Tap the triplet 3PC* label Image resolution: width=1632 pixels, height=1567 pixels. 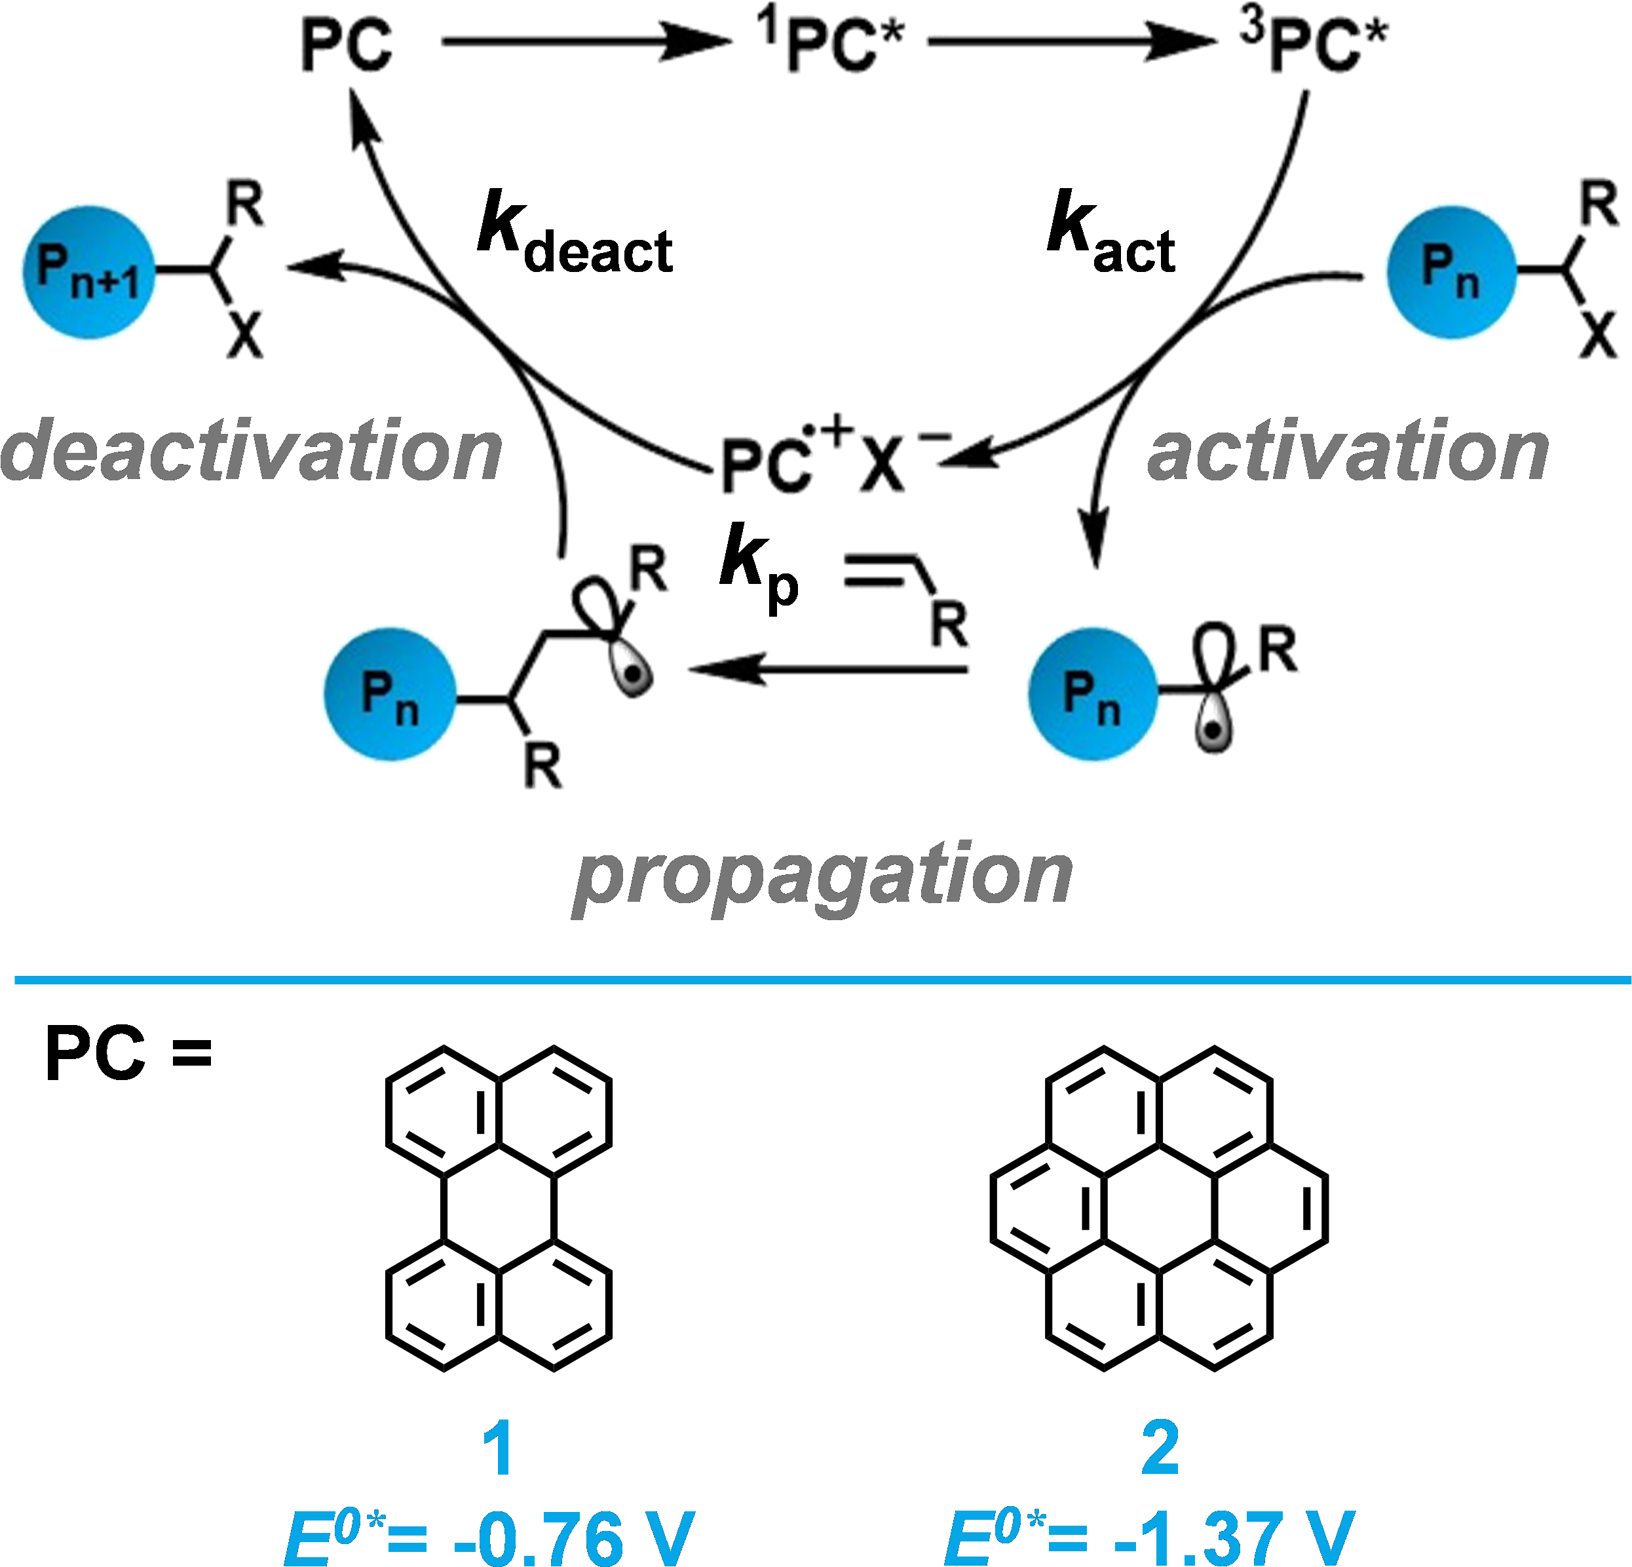(1316, 46)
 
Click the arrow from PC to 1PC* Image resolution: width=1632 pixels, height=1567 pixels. (583, 40)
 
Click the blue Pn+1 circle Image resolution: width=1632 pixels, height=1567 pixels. (89, 273)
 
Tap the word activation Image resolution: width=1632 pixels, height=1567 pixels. (1347, 451)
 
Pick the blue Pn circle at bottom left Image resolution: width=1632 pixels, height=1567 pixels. (390, 693)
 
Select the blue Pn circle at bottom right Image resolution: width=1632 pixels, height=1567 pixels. (1092, 693)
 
